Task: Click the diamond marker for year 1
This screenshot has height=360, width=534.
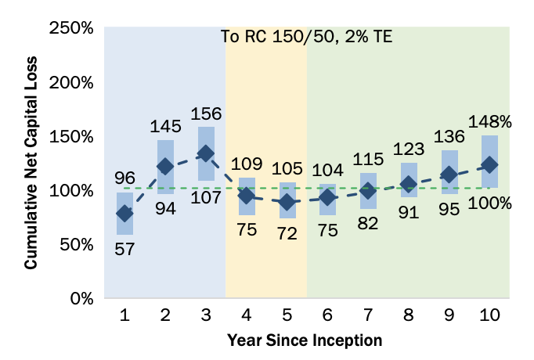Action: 124,213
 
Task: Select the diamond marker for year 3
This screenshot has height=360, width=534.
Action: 206,154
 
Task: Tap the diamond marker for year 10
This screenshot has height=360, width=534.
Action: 489,165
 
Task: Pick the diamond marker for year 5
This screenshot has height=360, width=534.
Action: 287,202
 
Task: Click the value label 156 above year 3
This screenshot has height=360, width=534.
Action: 206,113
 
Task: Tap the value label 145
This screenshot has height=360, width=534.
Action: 165,126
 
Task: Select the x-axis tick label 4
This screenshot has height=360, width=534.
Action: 247,315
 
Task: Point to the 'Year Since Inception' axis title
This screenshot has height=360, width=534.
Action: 305,341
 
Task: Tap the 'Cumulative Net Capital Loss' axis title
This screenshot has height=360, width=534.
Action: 31,163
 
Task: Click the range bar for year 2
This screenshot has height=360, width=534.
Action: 165,167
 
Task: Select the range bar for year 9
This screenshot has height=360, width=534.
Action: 449,172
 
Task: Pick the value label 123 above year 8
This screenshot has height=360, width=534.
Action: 409,148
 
